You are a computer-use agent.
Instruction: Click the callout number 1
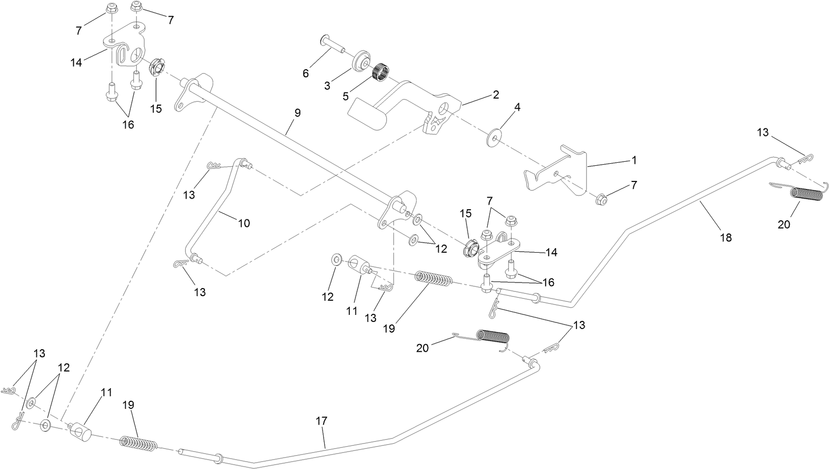pos(634,160)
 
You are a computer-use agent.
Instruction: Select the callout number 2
pos(496,95)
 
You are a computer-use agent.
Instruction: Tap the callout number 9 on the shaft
pos(297,113)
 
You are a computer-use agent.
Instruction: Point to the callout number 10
pos(244,223)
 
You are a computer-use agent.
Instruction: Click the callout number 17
pos(322,420)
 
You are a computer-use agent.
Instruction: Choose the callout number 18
pos(726,237)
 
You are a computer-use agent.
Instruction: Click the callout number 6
pos(305,73)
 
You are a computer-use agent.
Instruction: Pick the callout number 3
pos(327,85)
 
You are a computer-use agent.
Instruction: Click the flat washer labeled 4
pos(494,138)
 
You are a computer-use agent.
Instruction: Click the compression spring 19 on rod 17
pos(138,444)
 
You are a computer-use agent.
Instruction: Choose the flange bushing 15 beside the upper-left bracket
pos(158,67)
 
